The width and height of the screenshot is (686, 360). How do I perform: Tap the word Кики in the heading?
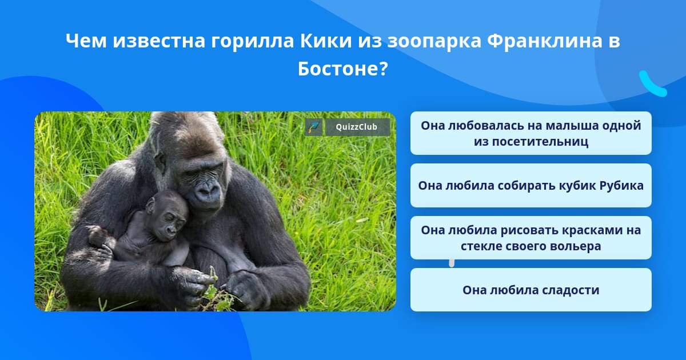tap(326, 41)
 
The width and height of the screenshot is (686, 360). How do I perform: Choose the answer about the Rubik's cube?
tap(531, 186)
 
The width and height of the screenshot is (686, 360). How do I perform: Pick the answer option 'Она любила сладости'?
tap(531, 290)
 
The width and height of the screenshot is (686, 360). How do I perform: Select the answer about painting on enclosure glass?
tap(531, 238)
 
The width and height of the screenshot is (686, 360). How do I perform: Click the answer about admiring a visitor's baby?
tap(531, 133)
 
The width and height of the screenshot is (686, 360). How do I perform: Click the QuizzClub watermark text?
tap(357, 127)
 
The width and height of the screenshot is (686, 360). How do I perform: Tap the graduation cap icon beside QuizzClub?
tap(314, 127)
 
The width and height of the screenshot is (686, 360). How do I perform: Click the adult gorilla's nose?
tap(207, 189)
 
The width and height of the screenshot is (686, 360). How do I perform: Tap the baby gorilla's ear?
tap(150, 206)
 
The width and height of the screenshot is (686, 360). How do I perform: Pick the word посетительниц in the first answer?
tap(531, 142)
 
